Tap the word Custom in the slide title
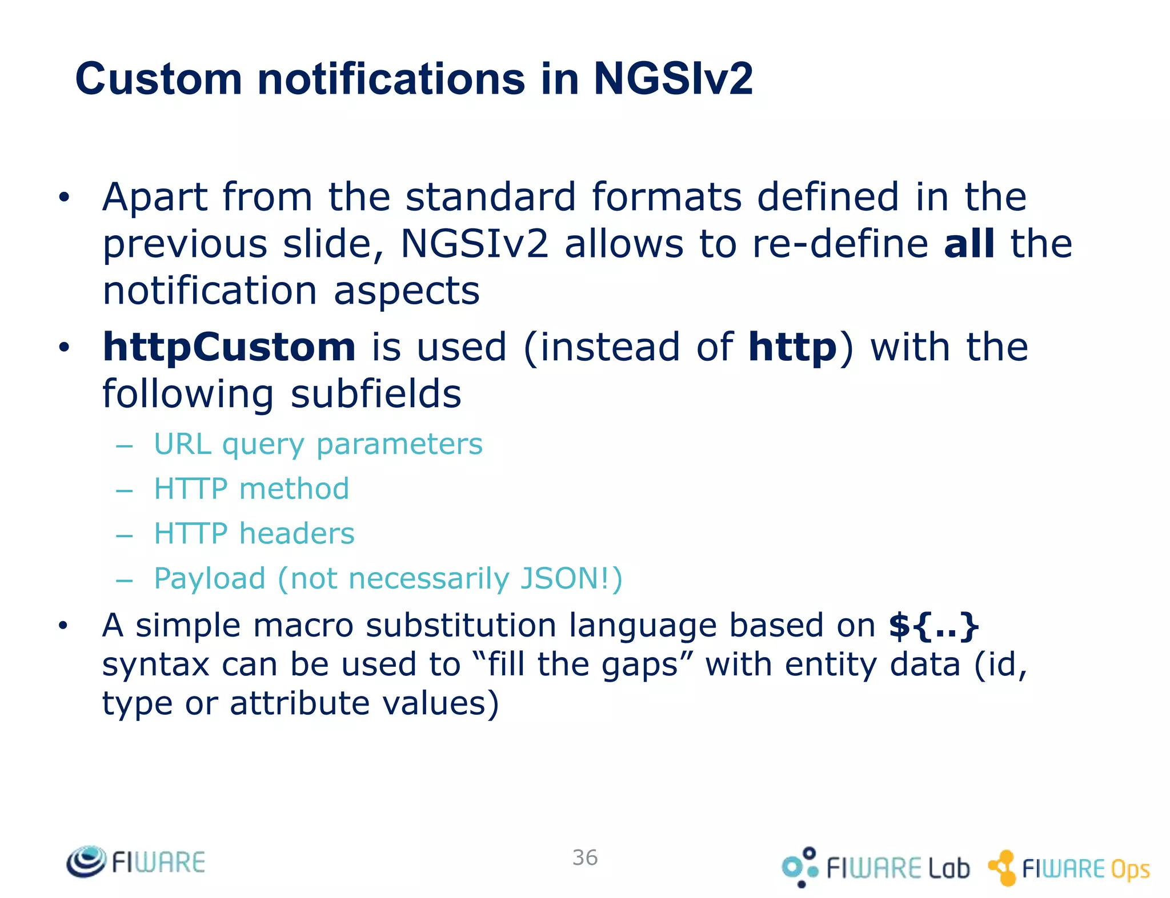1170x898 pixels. [158, 79]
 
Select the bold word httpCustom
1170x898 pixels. [229, 347]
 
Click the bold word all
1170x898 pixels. [969, 244]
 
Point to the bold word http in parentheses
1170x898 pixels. [792, 347]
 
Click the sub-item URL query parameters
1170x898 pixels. [318, 444]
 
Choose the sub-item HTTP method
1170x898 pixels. [251, 489]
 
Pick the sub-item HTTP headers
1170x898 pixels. [254, 534]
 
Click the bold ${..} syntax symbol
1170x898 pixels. [933, 626]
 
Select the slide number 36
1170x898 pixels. [585, 857]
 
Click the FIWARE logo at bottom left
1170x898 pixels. [136, 861]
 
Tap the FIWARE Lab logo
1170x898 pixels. [875, 868]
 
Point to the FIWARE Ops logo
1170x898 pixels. [1068, 868]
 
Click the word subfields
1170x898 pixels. [375, 394]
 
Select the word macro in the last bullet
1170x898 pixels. [303, 626]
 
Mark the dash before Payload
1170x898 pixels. [124, 581]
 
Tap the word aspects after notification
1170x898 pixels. [406, 291]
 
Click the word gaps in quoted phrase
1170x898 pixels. [639, 666]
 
